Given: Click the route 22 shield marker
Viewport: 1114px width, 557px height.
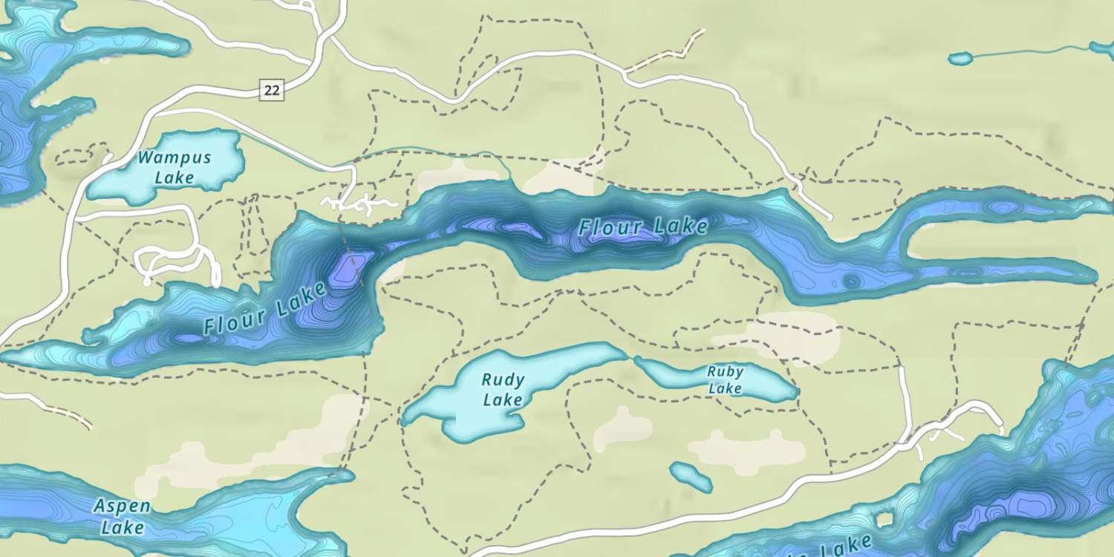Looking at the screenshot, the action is [272, 91].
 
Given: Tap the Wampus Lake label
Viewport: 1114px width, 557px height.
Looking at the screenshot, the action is [175, 167].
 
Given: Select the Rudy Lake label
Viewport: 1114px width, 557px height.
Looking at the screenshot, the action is [503, 390].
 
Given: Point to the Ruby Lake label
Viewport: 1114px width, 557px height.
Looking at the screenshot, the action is [725, 380].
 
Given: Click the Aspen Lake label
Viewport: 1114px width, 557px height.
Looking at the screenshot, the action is [122, 517].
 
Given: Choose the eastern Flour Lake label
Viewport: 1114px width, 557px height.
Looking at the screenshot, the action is [643, 227].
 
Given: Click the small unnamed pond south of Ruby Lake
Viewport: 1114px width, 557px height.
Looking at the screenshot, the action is [691, 477].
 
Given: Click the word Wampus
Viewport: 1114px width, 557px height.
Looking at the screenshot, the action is [175, 158].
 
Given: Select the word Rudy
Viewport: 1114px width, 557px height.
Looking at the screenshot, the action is [503, 380].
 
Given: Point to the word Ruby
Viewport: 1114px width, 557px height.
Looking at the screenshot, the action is [725, 371].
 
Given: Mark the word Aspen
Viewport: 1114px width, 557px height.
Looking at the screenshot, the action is [122, 507].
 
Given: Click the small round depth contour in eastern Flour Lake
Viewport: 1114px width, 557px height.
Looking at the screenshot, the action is [851, 281].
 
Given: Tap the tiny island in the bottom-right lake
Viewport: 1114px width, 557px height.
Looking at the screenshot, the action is [883, 518].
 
